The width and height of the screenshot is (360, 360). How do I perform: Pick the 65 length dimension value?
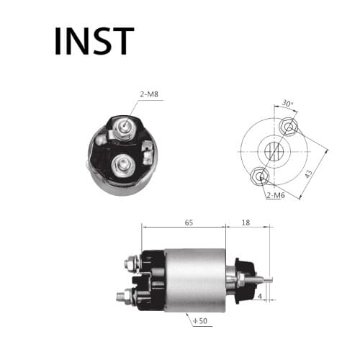189,223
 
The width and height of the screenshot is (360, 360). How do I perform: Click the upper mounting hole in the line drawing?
289,128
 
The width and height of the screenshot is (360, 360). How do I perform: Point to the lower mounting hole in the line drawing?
259,175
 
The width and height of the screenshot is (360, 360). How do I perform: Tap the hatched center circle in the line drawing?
274,152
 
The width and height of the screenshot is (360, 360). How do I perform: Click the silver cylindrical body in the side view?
194,280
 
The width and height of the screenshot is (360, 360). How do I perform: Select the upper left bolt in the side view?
130,264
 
